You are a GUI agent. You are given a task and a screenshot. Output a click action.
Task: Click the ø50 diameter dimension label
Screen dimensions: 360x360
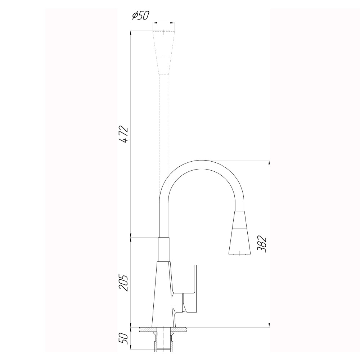tap(141, 15)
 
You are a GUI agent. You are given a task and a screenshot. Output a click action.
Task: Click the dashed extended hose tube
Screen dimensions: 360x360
tap(164, 144)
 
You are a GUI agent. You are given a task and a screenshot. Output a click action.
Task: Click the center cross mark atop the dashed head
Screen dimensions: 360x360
tap(164, 32)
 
